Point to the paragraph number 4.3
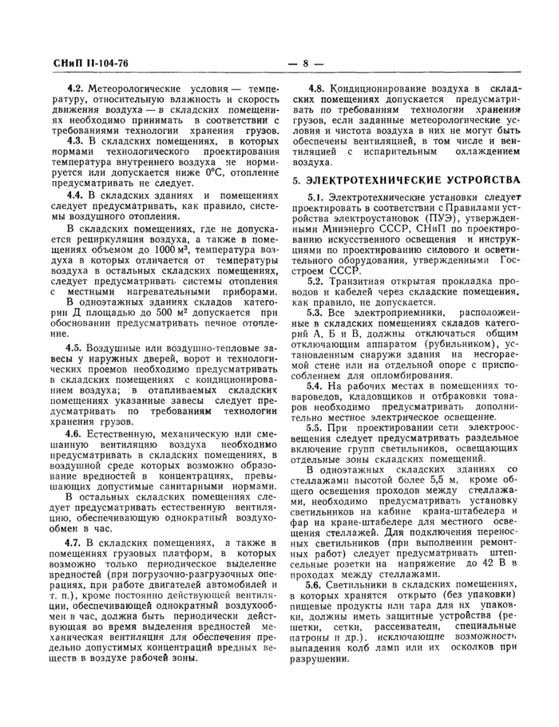pyautogui.click(x=75, y=140)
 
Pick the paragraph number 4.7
pyautogui.click(x=75, y=566)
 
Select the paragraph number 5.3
pyautogui.click(x=316, y=314)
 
